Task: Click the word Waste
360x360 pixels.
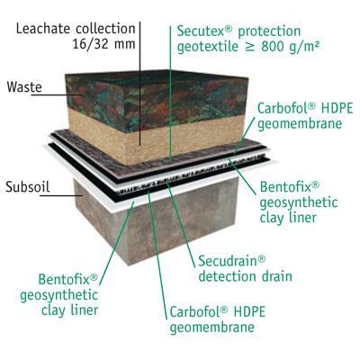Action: click(x=24, y=87)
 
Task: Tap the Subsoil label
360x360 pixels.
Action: click(x=28, y=187)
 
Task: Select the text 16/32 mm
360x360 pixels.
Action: click(x=103, y=44)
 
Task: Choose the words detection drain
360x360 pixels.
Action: click(x=245, y=276)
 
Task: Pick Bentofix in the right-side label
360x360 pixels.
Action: click(x=290, y=186)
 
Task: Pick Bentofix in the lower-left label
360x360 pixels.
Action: click(x=68, y=279)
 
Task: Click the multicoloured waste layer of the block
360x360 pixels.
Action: click(x=156, y=96)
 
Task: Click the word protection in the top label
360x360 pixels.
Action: click(x=269, y=31)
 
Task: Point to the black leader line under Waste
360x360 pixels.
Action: click(x=57, y=95)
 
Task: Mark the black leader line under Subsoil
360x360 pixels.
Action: click(x=61, y=195)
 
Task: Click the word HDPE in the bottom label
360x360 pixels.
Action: click(x=249, y=311)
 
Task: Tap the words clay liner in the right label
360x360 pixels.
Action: click(x=288, y=217)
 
